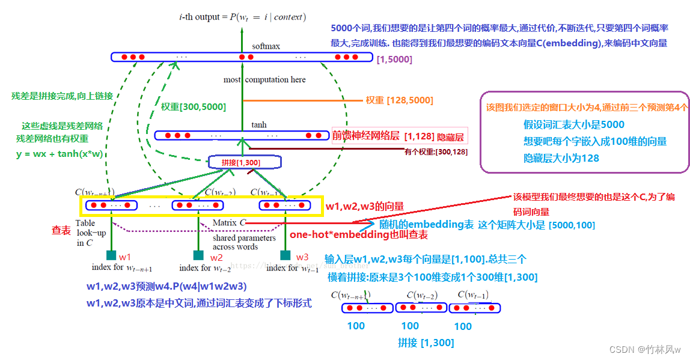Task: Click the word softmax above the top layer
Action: (x=266, y=46)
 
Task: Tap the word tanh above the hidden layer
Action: (x=259, y=125)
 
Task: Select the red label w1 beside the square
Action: (x=124, y=257)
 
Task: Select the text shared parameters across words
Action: (x=236, y=242)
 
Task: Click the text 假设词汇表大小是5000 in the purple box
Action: (x=573, y=125)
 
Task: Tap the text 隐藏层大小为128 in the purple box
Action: (x=561, y=158)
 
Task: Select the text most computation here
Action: (x=264, y=80)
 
